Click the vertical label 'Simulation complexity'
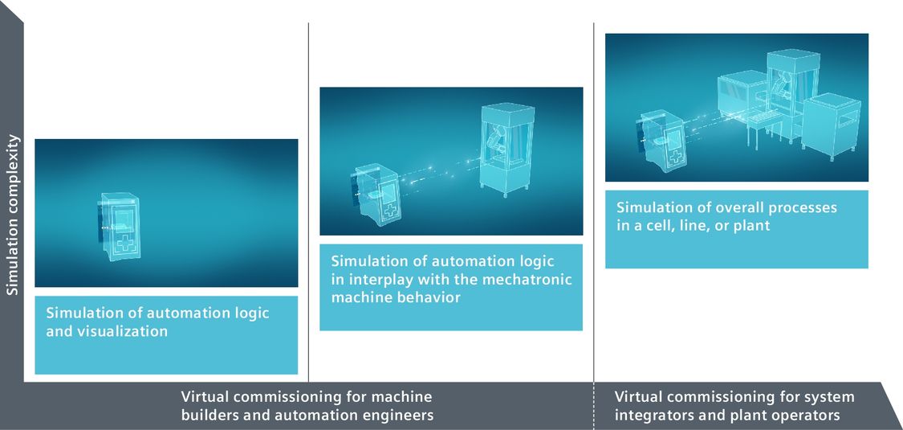click(x=13, y=215)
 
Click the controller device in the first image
click(x=120, y=226)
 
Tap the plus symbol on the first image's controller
click(x=124, y=244)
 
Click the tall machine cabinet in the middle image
click(x=507, y=149)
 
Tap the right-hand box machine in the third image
click(x=831, y=125)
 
